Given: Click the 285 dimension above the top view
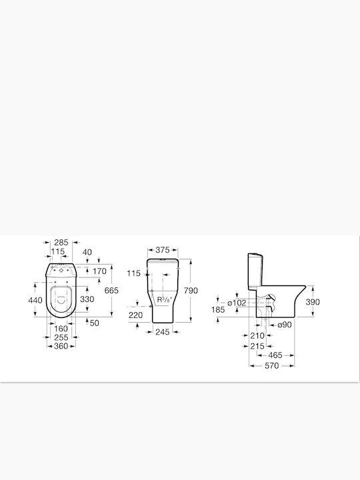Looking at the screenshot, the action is coord(61,243).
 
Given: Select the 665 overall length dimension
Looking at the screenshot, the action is coord(111,290).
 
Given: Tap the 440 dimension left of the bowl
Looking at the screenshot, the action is coord(35,300).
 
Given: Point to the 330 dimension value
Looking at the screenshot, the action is coord(87,299).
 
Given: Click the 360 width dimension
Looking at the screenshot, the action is coord(61,346).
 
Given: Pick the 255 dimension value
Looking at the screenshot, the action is coord(61,337).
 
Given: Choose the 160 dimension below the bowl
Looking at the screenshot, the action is coord(61,329).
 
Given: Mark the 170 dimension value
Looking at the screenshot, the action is coord(99,271).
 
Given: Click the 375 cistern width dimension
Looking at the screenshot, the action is coord(162,250).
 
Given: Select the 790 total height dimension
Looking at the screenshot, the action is coord(191,291).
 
